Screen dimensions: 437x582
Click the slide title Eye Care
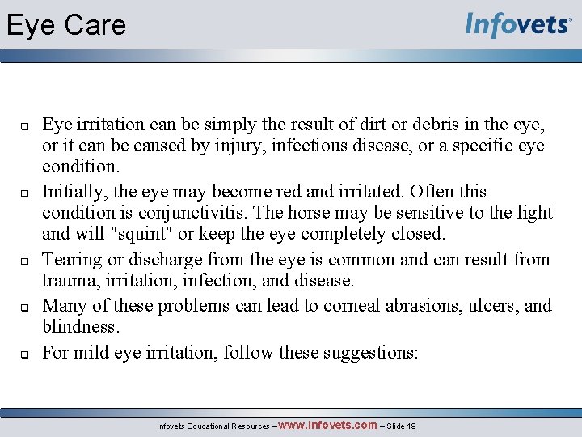(66, 25)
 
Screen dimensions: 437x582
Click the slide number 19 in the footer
(411, 426)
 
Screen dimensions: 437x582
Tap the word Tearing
(71, 260)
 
